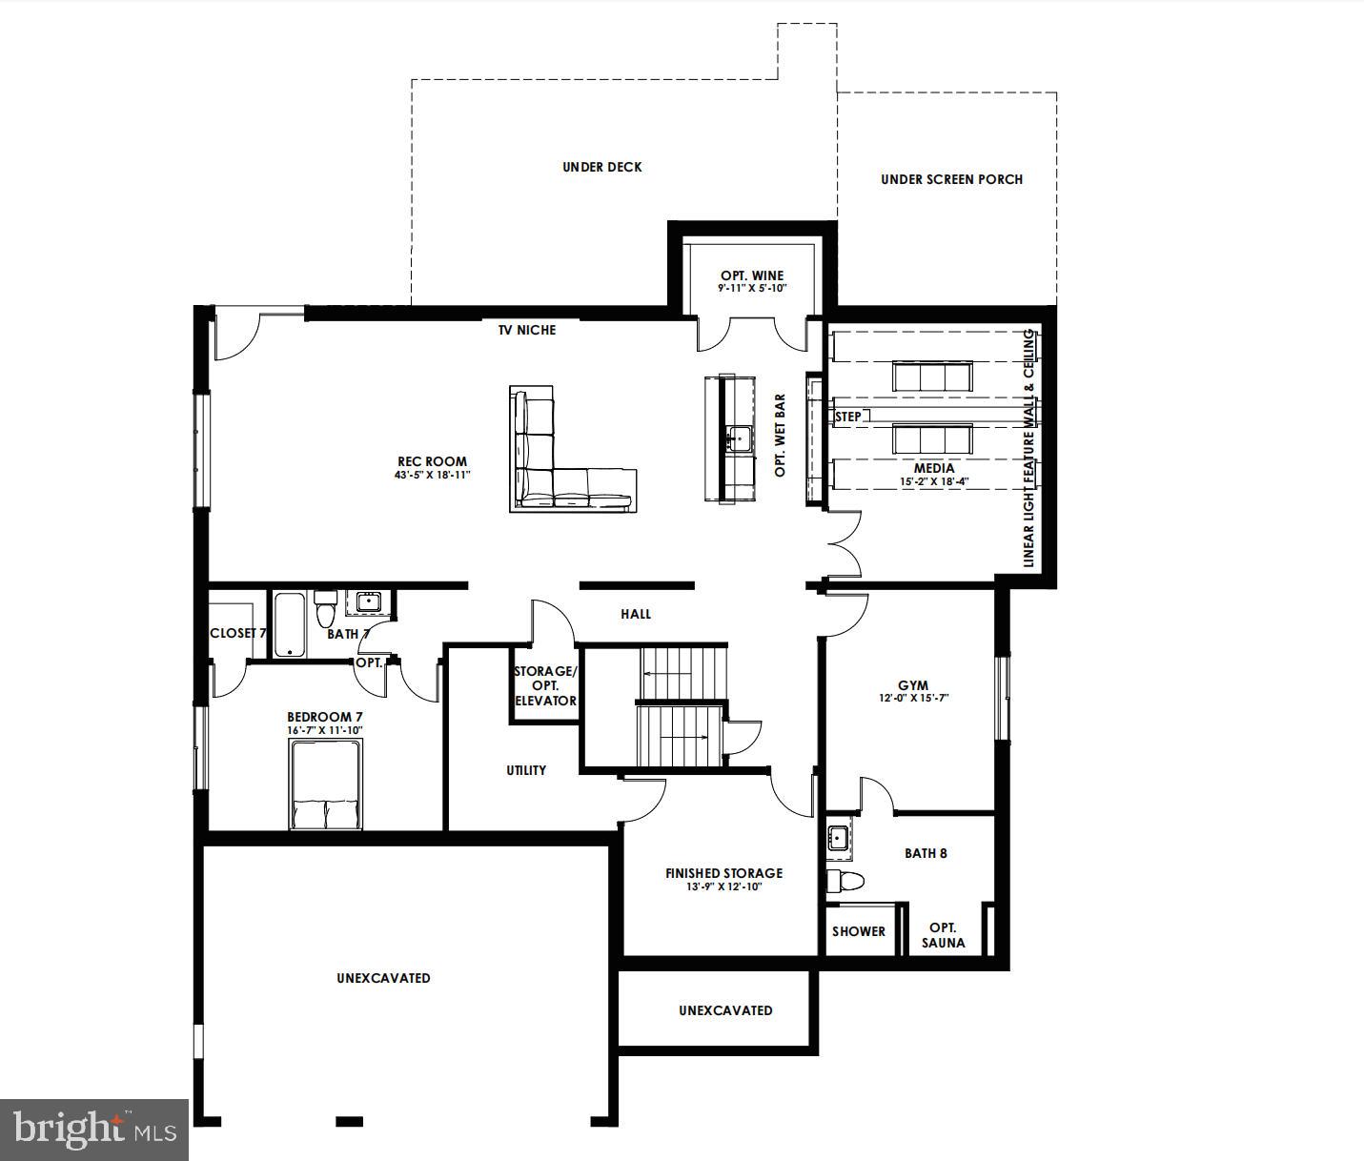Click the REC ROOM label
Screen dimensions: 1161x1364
click(x=432, y=461)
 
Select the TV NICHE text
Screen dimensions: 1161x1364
click(x=526, y=330)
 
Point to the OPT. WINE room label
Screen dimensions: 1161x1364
click(x=752, y=275)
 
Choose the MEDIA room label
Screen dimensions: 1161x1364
click(x=933, y=468)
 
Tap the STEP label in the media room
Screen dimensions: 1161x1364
click(x=847, y=417)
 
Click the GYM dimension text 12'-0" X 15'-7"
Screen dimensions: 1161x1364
click(x=913, y=698)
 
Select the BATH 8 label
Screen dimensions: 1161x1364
click(x=926, y=853)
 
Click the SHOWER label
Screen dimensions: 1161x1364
click(x=858, y=931)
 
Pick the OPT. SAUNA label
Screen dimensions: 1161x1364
click(x=943, y=935)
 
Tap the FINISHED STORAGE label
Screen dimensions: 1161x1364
click(x=723, y=873)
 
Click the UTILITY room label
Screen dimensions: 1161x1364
click(x=526, y=770)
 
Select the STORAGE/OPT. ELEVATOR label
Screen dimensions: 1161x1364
click(x=545, y=685)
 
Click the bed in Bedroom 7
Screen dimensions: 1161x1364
click(x=325, y=786)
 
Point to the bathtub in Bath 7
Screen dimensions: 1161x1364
click(x=291, y=625)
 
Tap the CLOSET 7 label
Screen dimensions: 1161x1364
click(x=236, y=633)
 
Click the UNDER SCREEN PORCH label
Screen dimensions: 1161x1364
click(x=951, y=179)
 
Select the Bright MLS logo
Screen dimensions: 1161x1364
click(x=94, y=1130)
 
